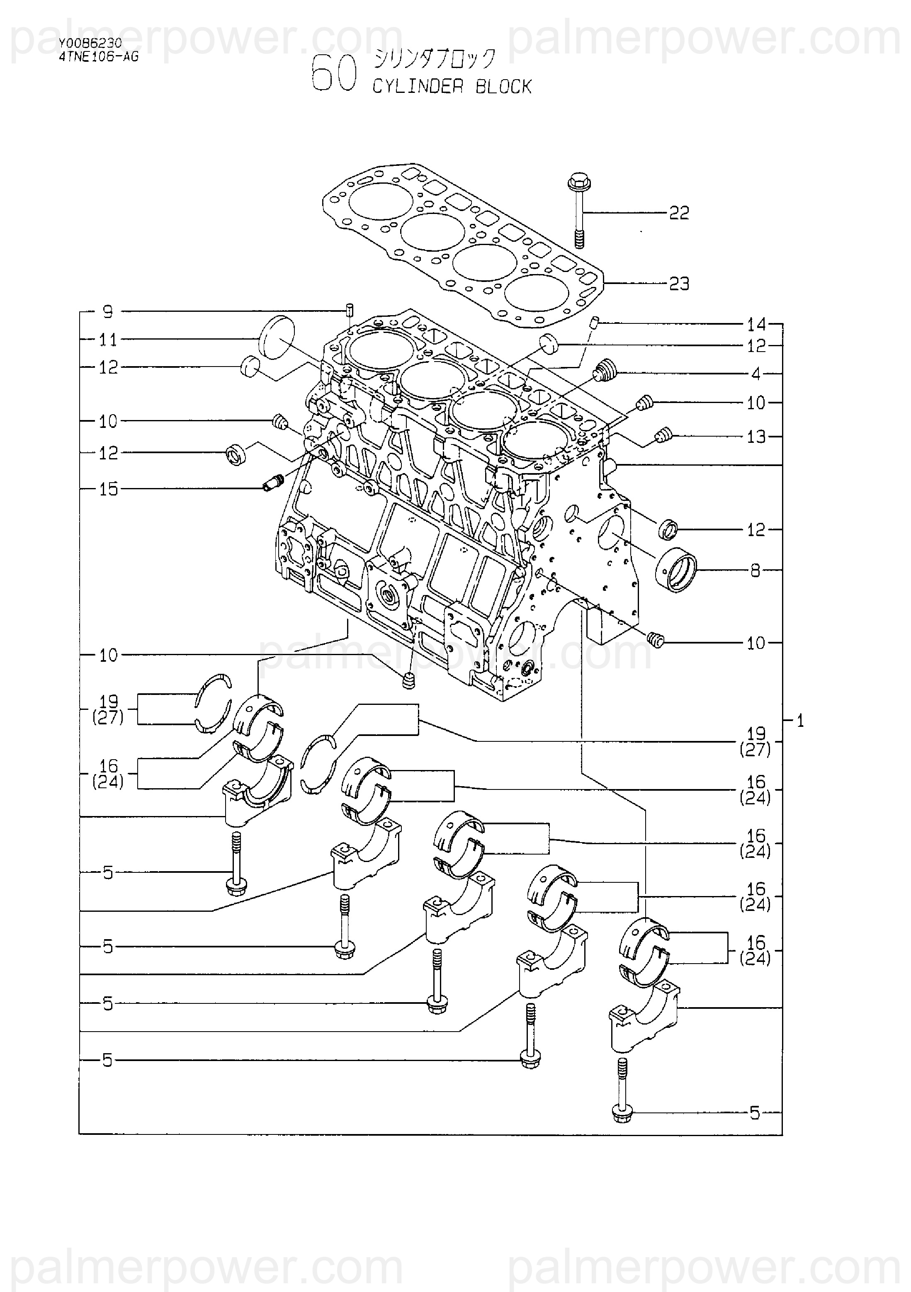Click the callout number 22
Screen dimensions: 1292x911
(x=679, y=213)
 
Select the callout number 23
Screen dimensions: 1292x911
(x=679, y=284)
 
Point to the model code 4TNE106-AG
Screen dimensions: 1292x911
(x=98, y=56)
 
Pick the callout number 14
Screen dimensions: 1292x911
(x=756, y=324)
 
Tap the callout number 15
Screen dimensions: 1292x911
(x=109, y=489)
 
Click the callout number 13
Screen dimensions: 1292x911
(x=756, y=437)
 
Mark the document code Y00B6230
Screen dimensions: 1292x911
(x=90, y=44)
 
